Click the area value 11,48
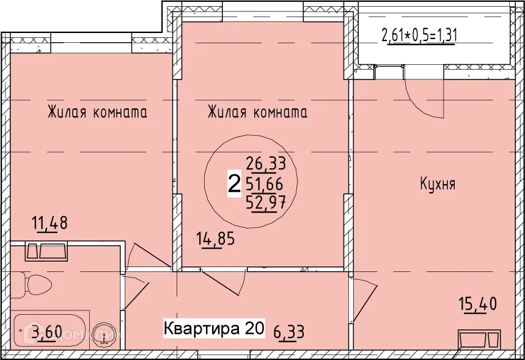(x=50, y=223)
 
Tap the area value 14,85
(x=215, y=238)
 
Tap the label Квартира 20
(x=213, y=329)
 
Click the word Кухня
(x=437, y=184)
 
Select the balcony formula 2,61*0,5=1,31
(x=419, y=35)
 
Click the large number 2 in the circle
(x=233, y=184)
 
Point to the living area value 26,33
(x=266, y=163)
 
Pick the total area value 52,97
(x=266, y=202)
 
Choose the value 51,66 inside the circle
(x=266, y=183)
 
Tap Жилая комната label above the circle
(x=257, y=112)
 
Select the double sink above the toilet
(x=46, y=251)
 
